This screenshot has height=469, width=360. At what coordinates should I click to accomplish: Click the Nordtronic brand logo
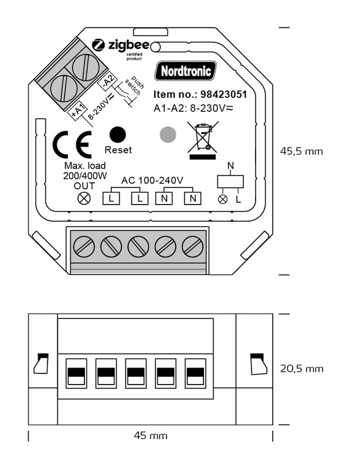point(185,71)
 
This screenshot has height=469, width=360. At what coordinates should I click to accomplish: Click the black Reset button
point(118,134)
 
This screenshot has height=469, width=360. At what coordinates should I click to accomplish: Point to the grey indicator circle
point(168,135)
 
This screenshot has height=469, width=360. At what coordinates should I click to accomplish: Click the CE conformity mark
point(72,146)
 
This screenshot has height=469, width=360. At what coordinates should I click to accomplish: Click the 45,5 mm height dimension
point(301,151)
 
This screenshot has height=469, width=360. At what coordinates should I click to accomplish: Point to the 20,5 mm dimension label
point(301,369)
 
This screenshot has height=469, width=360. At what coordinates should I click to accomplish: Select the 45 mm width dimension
point(151,436)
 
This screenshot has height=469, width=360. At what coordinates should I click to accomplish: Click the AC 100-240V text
point(152,179)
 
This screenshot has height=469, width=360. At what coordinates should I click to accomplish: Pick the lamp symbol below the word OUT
point(84,198)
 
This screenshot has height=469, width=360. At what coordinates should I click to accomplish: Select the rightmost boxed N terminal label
point(192,199)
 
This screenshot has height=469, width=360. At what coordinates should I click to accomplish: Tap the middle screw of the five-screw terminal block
point(138,246)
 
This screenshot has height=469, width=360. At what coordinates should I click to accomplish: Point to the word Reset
point(118,150)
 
